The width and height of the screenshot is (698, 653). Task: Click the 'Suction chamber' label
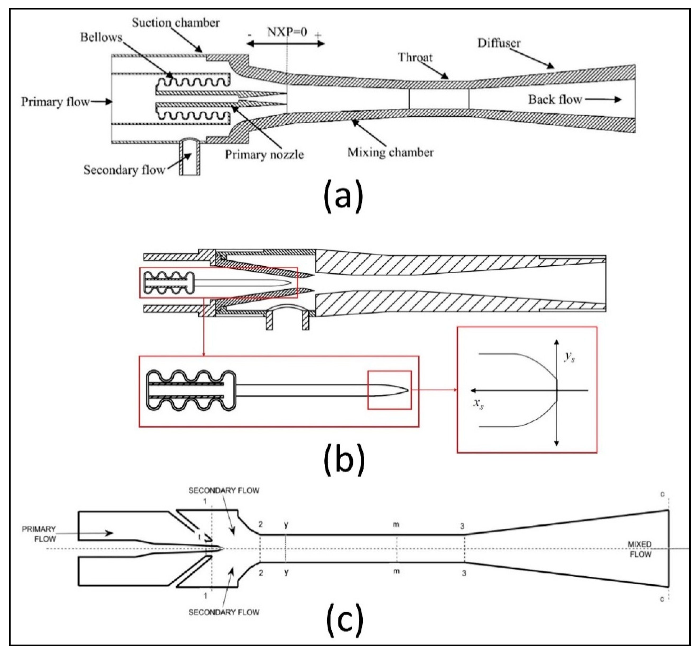tap(176, 23)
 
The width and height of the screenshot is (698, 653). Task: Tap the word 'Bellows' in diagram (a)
tap(101, 37)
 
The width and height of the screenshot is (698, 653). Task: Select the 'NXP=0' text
tap(287, 32)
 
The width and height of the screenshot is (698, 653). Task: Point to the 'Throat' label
tap(415, 57)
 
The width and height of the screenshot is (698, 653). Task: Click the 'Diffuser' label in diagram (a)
tap(499, 43)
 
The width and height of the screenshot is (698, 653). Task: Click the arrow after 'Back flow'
tap(603, 100)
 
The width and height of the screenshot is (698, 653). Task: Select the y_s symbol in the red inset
tap(569, 357)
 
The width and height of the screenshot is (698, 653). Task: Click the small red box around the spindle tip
tap(389, 390)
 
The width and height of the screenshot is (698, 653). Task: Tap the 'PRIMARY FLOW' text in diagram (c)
tap(39, 534)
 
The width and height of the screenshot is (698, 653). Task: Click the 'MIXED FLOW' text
tap(640, 549)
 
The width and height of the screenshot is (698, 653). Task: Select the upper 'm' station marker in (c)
tap(396, 525)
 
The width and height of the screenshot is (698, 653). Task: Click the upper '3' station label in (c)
tap(462, 526)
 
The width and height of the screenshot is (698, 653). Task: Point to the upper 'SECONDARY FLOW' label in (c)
tap(224, 491)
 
